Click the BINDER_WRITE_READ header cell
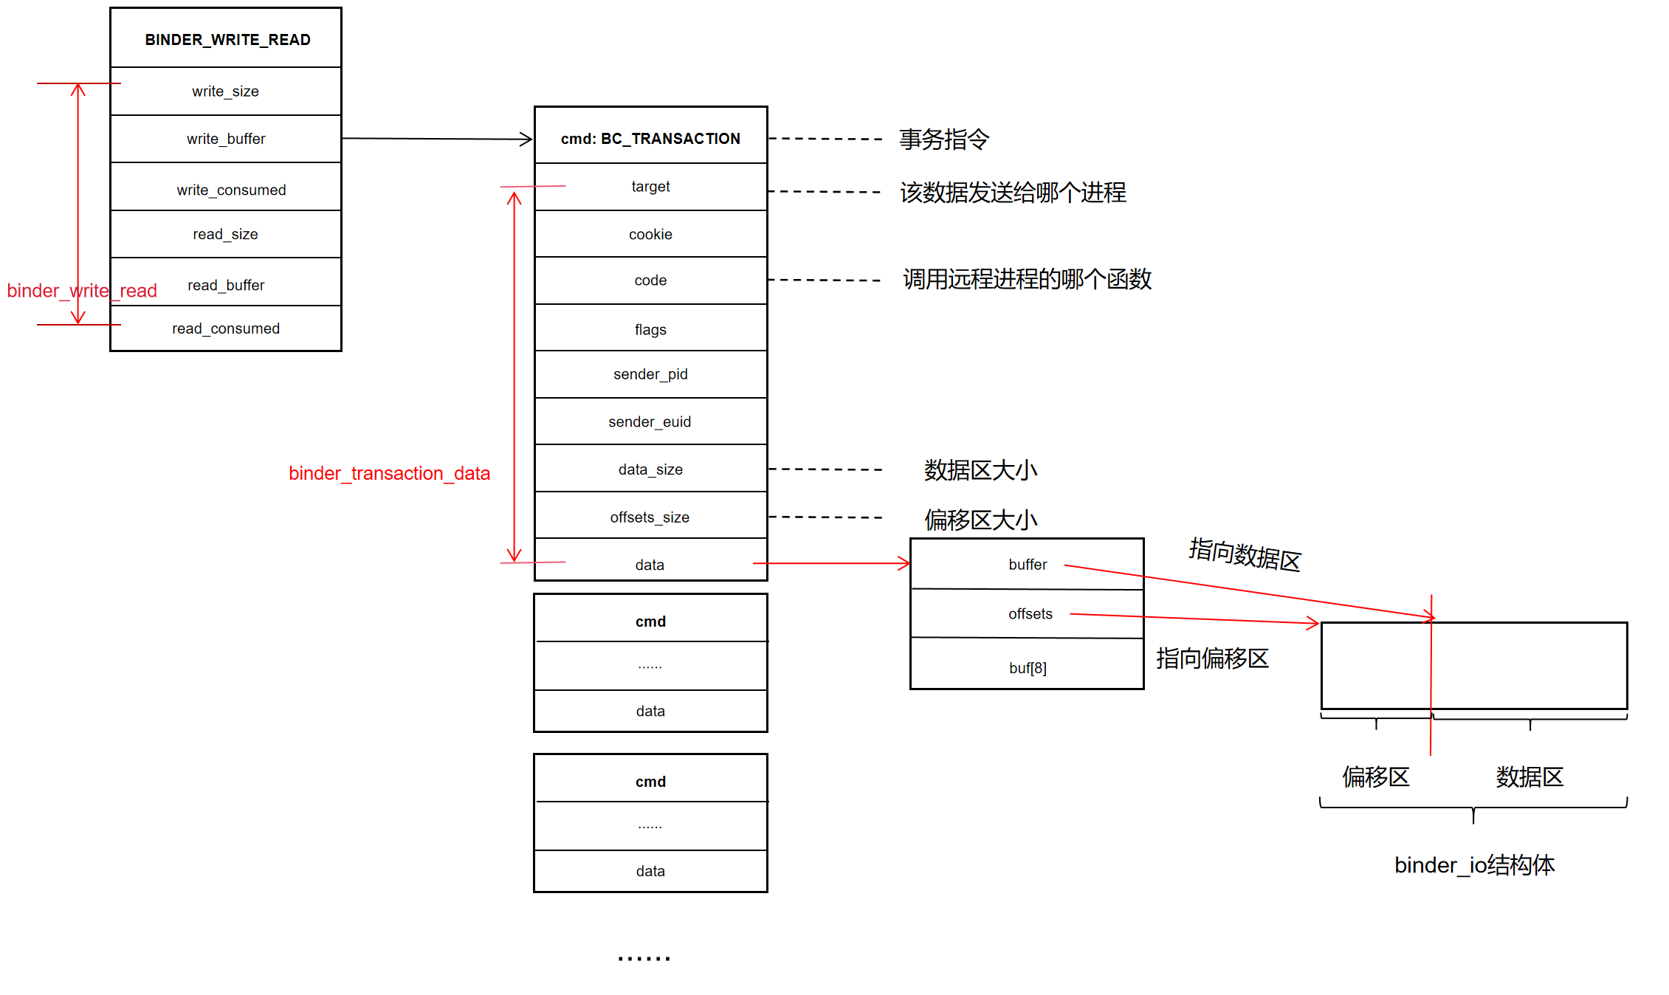[227, 40]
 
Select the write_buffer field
[226, 139]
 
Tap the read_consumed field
[226, 328]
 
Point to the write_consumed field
[231, 190]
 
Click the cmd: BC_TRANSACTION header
[650, 139]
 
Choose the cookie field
[650, 235]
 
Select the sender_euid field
[650, 421]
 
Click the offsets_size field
[650, 517]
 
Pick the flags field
[650, 329]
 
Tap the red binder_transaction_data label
[389, 473]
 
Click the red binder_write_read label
[82, 291]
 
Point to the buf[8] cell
[1028, 668]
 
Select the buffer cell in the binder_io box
[1028, 565]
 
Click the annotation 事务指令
[944, 139]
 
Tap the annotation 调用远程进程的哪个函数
[1027, 280]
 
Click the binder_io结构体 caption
[1474, 865]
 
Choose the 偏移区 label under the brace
[1376, 777]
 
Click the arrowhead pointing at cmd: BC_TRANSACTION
[526, 139]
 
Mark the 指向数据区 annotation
[1245, 554]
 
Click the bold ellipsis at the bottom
[644, 958]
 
